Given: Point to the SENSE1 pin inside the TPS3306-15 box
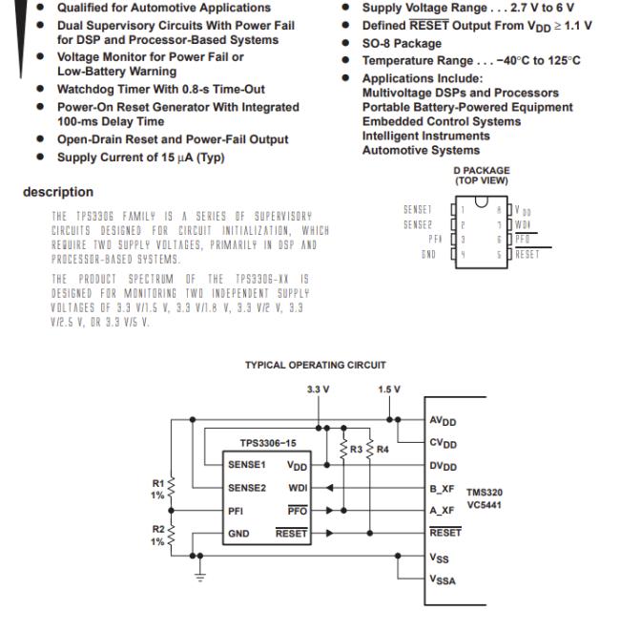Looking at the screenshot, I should (247, 464).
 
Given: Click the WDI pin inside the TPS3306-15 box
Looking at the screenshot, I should (297, 487).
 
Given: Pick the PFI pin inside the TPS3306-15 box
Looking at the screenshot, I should (236, 510).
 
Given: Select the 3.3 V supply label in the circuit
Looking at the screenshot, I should (316, 390).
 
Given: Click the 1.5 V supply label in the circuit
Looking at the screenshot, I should (389, 390).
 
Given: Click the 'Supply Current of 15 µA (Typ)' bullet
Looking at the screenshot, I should (141, 157).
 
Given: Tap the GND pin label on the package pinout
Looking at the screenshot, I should (427, 256).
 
